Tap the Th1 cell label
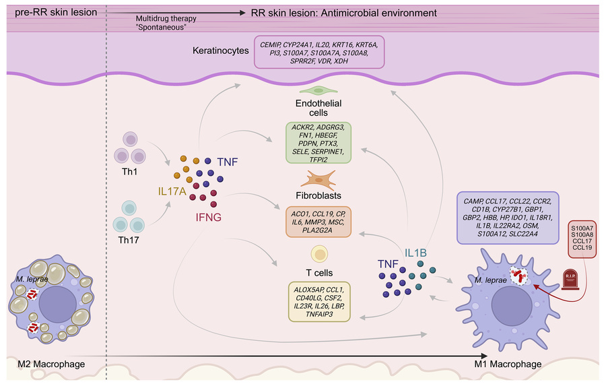point(129,172)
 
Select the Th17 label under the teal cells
point(129,240)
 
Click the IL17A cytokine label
point(172,191)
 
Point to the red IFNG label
point(208,218)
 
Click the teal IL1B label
point(415,253)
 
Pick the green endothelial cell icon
point(318,91)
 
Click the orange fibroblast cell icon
point(318,180)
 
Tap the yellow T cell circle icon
point(319,254)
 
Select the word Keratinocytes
point(221,51)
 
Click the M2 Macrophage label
point(51,364)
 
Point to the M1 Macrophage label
point(508,364)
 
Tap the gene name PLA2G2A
point(318,230)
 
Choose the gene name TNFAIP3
point(319,314)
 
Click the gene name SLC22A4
point(523,234)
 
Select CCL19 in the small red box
point(582,247)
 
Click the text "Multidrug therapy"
point(166,19)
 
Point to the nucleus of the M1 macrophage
point(511,306)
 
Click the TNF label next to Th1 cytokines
point(228,162)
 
